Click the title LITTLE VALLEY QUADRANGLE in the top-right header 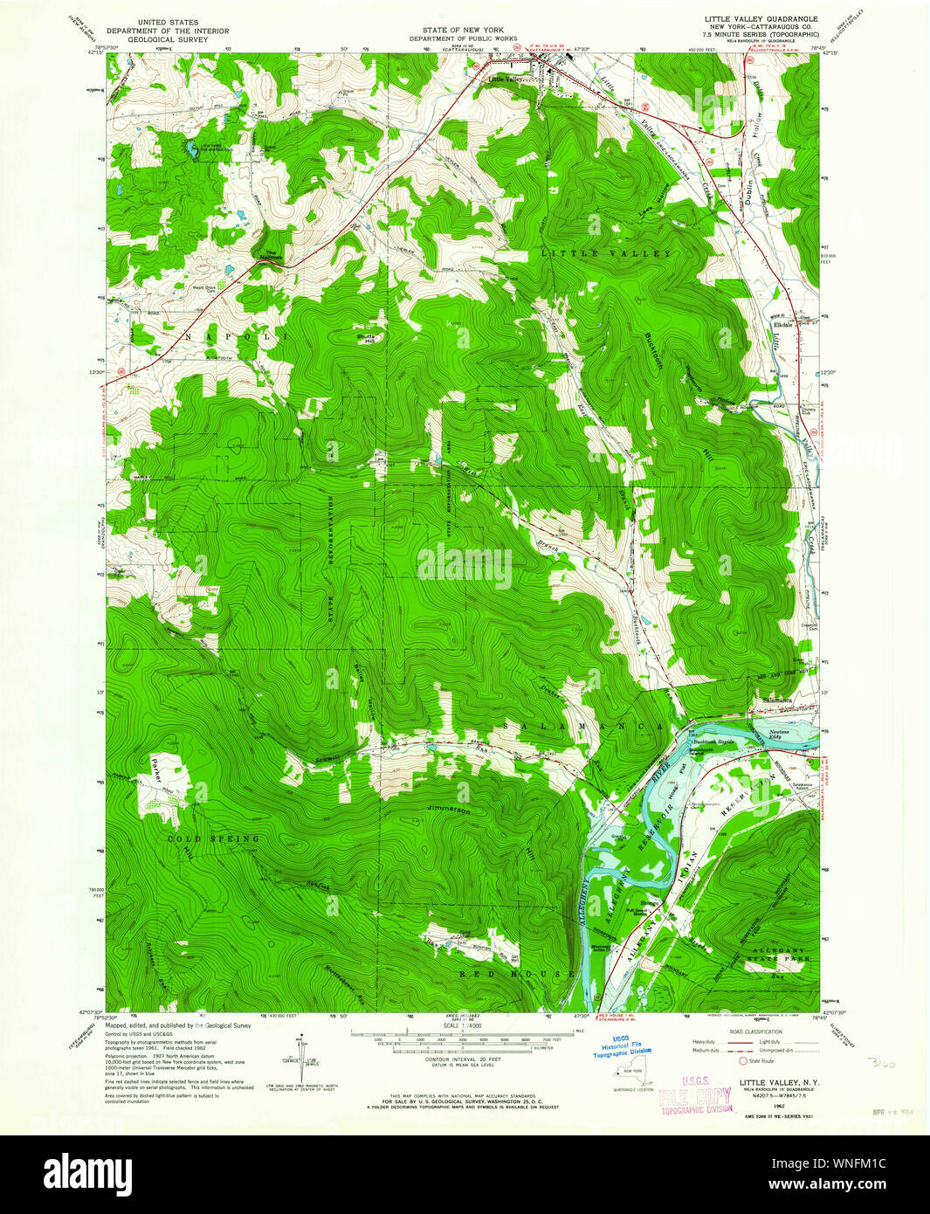click(x=761, y=18)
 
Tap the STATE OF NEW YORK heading click(x=463, y=30)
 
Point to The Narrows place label click(x=265, y=256)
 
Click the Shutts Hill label click(x=366, y=339)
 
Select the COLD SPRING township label click(x=213, y=838)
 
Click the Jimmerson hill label click(x=449, y=810)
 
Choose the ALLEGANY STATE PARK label click(x=775, y=954)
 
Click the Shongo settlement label click(x=650, y=903)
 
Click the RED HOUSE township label click(x=517, y=973)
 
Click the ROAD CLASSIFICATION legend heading click(x=757, y=1031)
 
